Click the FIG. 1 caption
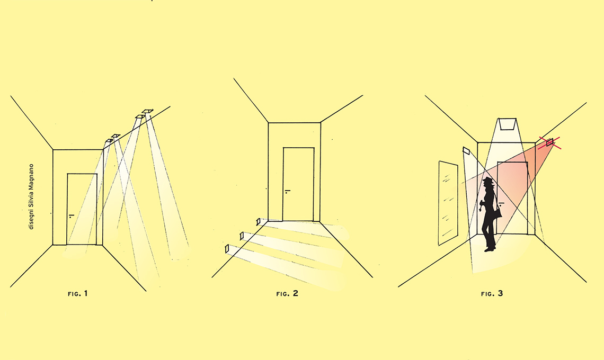(78, 293)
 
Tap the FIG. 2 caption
(287, 293)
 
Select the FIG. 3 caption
(492, 293)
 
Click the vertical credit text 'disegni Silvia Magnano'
(31, 197)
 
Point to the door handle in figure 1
(72, 216)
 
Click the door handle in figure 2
(287, 191)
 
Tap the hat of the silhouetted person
(488, 180)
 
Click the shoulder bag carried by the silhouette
(498, 212)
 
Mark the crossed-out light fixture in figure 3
(549, 142)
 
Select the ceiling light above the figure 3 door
(508, 124)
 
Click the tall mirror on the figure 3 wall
(448, 203)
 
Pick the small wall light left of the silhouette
(466, 150)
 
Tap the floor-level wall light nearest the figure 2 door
(258, 222)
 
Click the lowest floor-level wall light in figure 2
(227, 249)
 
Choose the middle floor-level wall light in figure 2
(242, 236)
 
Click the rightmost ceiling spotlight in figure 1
(147, 111)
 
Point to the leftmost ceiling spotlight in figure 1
(109, 141)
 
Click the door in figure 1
(82, 209)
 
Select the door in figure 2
(298, 184)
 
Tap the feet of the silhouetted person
(490, 249)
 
